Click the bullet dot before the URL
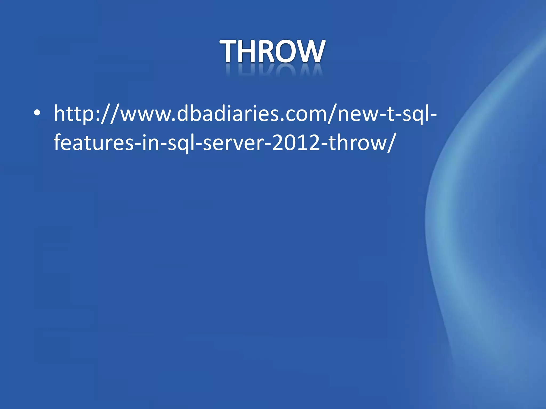(37, 113)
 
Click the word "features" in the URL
(93, 142)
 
